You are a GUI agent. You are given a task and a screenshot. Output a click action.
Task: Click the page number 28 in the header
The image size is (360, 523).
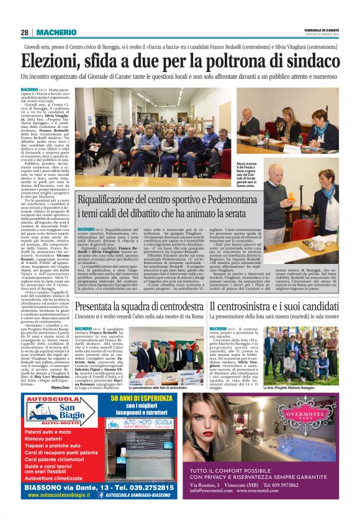click(25, 32)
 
